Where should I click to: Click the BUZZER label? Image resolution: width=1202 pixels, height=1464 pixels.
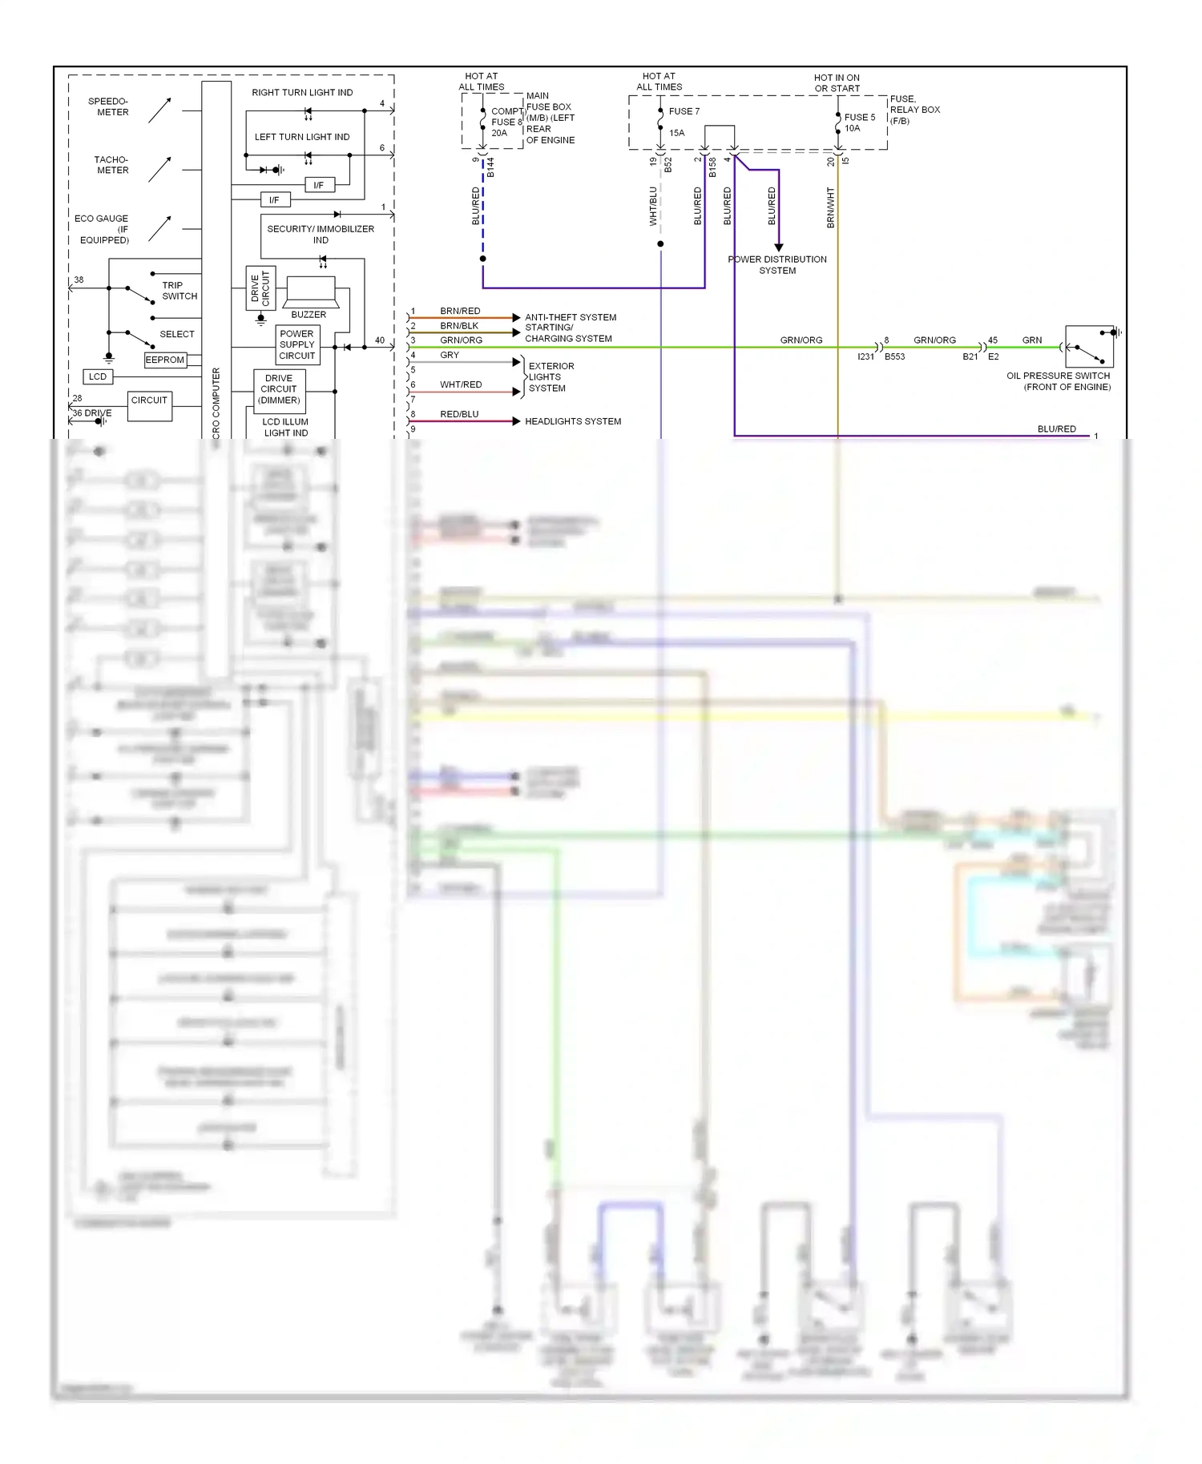pos(309,315)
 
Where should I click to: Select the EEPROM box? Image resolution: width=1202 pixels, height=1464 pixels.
pos(165,360)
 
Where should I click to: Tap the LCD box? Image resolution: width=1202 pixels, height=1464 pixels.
pos(98,376)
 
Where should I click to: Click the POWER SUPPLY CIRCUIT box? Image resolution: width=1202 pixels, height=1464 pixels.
pos(297,345)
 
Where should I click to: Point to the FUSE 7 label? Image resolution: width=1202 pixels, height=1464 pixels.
pos(684,111)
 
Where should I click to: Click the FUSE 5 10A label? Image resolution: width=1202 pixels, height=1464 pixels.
pos(859,123)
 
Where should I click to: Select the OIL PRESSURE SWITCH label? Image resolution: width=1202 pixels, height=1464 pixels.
pos(1059,381)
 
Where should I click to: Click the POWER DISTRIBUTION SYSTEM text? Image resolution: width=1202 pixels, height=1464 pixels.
pos(777,265)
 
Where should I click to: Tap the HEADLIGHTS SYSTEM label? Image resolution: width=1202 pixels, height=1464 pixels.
pos(573,421)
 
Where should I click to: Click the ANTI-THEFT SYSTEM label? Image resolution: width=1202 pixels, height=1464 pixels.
pos(571,317)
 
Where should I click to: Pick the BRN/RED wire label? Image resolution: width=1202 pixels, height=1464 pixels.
pos(460,311)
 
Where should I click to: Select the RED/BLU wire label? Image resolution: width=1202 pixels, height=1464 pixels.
pos(459,414)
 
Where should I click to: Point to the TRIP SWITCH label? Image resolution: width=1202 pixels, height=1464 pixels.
pos(179,291)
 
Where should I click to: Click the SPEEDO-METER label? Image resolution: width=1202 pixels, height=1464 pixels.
pos(109,107)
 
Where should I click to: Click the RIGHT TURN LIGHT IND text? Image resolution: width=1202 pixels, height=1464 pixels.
pos(302,93)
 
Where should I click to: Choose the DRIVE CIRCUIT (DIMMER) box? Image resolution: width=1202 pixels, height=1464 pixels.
pos(280,389)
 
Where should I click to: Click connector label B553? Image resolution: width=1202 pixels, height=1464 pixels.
pos(894,357)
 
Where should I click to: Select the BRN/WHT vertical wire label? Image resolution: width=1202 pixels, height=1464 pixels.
pos(830,208)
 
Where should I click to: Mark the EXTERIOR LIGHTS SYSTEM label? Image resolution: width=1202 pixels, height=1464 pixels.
pos(551,377)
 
